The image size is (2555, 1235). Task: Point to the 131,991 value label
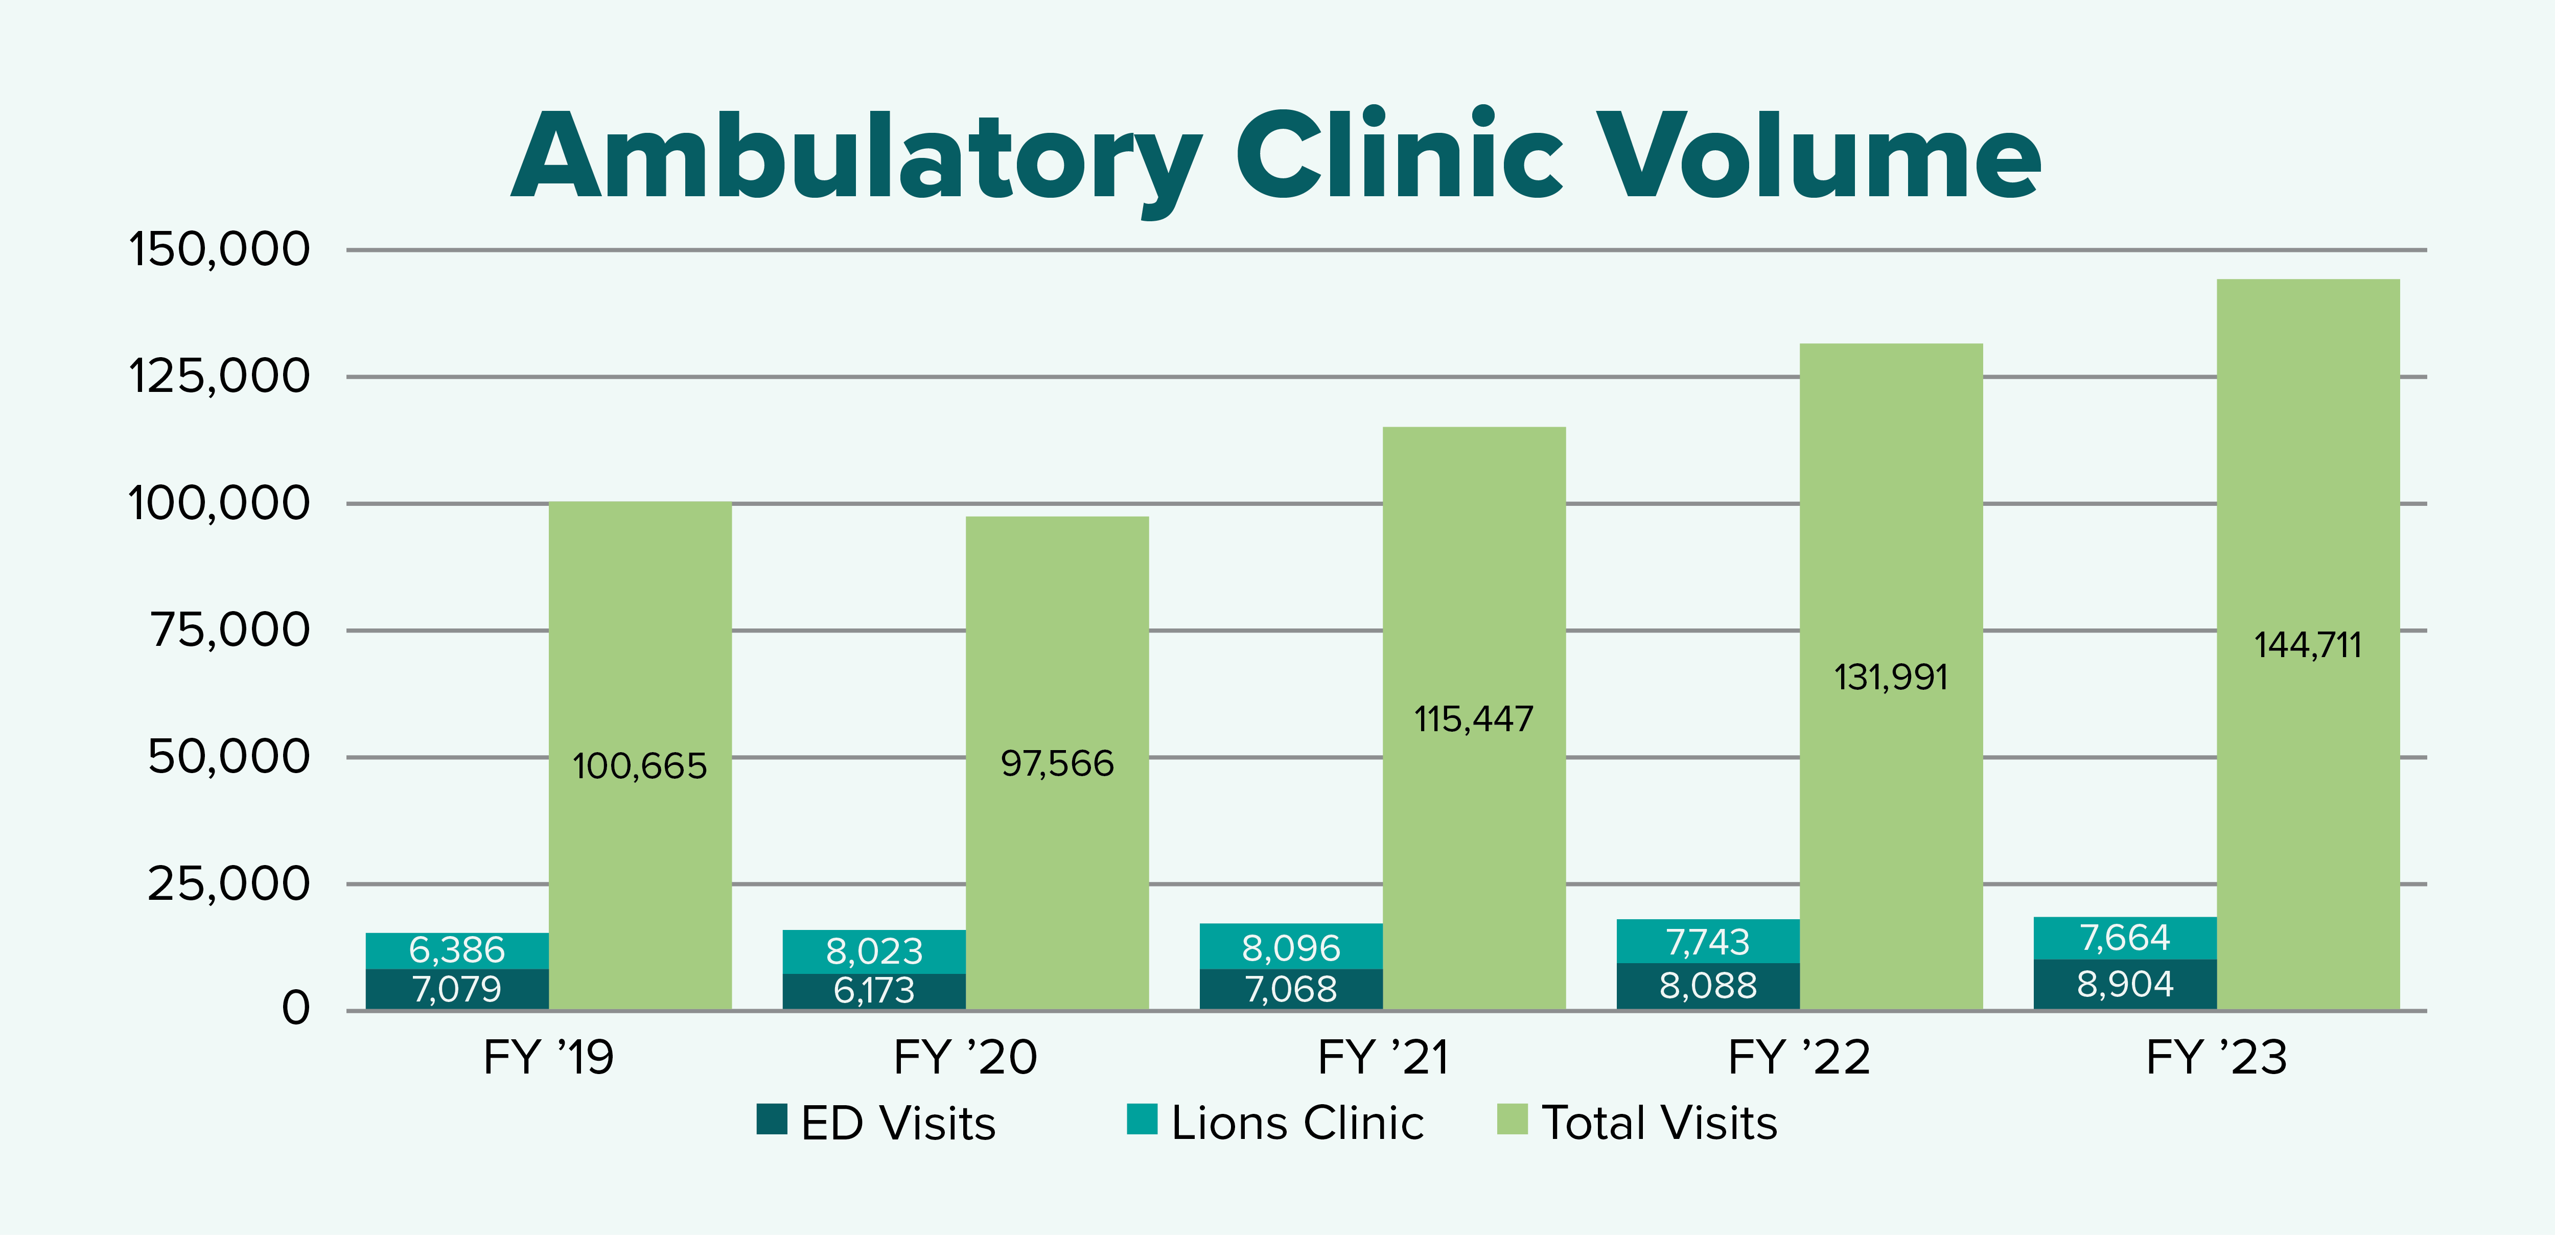click(x=1891, y=678)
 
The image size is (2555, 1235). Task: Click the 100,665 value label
click(x=640, y=766)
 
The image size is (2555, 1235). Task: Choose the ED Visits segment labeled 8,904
click(x=2125, y=984)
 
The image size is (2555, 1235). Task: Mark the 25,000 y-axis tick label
click(x=229, y=883)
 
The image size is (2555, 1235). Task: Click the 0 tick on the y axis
click(x=295, y=1009)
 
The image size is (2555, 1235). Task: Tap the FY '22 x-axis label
click(x=1799, y=1057)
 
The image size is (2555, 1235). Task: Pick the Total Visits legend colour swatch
click(x=1512, y=1119)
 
